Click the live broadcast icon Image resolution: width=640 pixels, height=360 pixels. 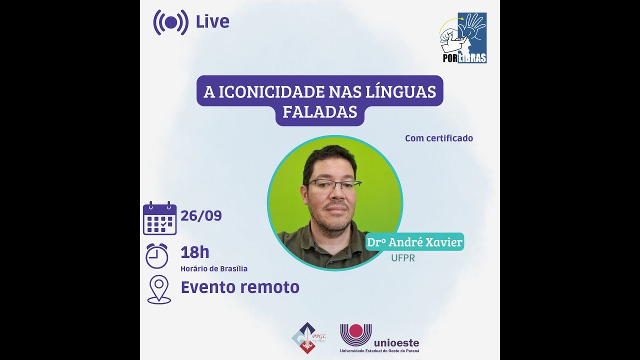[x=170, y=22]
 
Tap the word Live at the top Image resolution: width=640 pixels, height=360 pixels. [x=212, y=22]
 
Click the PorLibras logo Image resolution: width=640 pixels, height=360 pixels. [x=463, y=38]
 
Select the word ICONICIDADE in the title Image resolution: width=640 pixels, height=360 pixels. [x=270, y=92]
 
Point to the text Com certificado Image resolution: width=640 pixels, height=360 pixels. [x=438, y=138]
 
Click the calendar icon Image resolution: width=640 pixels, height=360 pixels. [x=159, y=218]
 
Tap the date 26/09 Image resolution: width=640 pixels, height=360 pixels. [x=201, y=216]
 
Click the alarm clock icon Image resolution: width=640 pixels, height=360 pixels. [x=156, y=255]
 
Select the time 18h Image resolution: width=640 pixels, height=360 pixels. [x=194, y=252]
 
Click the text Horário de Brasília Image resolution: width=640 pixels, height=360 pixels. [x=213, y=269]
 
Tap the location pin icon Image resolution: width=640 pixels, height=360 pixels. [x=159, y=289]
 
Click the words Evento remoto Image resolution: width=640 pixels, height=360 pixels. [x=239, y=287]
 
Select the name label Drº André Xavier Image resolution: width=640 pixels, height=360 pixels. [x=414, y=242]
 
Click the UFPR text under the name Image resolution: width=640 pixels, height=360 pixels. [x=402, y=258]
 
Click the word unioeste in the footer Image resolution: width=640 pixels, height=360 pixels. [x=396, y=343]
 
